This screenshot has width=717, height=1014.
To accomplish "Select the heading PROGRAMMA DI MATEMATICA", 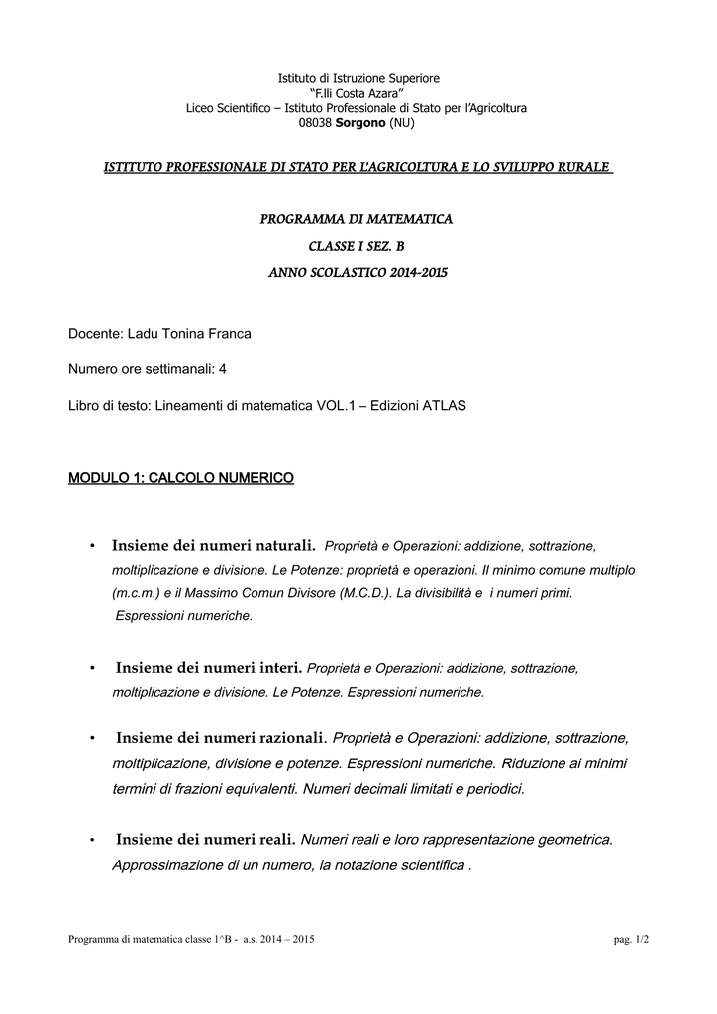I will [358, 218].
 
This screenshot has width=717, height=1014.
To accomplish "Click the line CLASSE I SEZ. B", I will [358, 245].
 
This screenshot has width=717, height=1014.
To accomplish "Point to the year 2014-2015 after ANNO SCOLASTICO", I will [407, 272].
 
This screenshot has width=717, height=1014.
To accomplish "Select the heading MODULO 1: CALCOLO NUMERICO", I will [180, 478].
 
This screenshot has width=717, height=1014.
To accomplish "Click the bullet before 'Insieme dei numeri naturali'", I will [91, 546].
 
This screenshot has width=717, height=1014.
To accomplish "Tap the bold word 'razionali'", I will [289, 738].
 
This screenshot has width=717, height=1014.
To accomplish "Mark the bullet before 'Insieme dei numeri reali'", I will [91, 841].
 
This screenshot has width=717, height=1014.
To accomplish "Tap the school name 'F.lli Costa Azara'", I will [358, 92].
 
